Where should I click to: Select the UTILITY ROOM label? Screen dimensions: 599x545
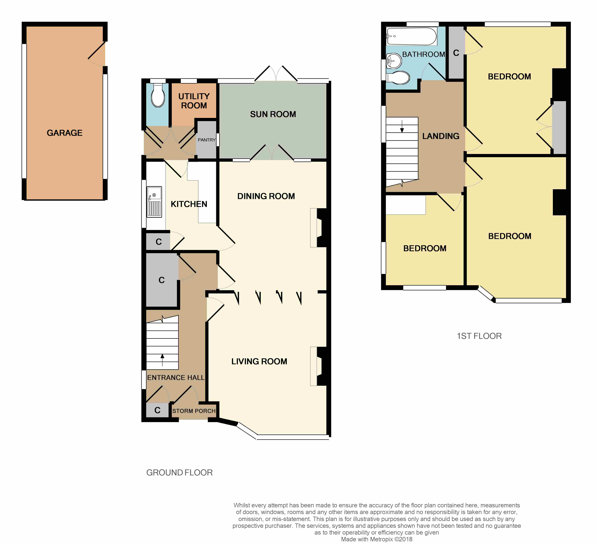point(194,101)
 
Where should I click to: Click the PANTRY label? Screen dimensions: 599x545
point(207,140)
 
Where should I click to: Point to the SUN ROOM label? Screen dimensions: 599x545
point(273,114)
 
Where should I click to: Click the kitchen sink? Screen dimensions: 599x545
point(154,202)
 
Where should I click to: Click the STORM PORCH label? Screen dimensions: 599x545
point(194,411)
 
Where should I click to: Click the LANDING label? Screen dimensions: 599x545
point(441,136)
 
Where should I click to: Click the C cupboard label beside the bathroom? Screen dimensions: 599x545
point(456,53)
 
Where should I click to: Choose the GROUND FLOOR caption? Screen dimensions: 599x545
point(180,473)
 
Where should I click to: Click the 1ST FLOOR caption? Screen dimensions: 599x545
point(479,336)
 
